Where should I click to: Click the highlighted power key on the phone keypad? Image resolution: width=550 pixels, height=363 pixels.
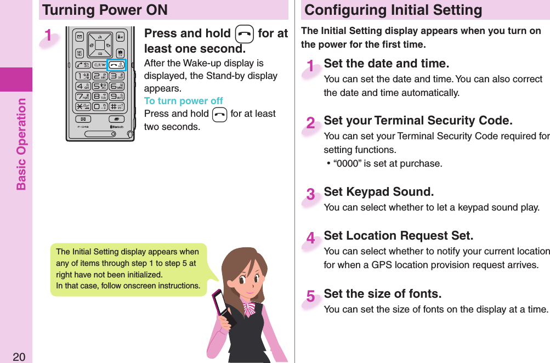116,65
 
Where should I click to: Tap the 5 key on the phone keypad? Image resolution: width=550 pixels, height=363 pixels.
99,86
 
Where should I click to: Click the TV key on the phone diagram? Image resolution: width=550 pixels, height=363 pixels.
120,53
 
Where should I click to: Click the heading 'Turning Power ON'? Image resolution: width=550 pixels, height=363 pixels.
105,10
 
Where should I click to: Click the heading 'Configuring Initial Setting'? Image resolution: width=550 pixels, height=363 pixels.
393,10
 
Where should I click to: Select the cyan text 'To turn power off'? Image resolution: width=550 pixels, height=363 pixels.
183,101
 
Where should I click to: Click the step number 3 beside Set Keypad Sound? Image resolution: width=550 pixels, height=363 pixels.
311,195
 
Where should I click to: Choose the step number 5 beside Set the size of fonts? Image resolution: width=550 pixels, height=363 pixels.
311,297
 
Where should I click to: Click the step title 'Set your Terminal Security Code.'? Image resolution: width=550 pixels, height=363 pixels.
418,121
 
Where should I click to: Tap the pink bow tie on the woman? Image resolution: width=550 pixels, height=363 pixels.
250,308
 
